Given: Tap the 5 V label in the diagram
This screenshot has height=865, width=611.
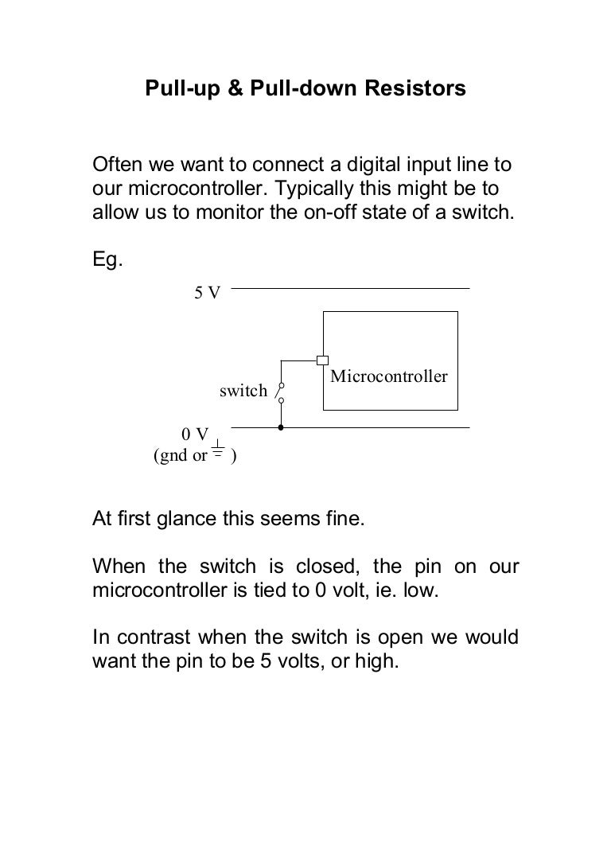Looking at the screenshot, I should (x=208, y=293).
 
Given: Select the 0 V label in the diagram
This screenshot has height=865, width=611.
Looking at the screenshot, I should (x=195, y=434).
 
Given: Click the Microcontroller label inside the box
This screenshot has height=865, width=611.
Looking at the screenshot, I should (x=389, y=376).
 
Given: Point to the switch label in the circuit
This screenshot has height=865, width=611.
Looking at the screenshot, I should (x=243, y=391).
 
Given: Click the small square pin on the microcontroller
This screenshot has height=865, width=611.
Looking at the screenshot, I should (x=322, y=360).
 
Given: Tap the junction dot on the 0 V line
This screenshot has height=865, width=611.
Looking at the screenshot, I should (x=281, y=427).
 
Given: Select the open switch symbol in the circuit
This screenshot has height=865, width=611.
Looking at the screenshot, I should (x=280, y=391).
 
